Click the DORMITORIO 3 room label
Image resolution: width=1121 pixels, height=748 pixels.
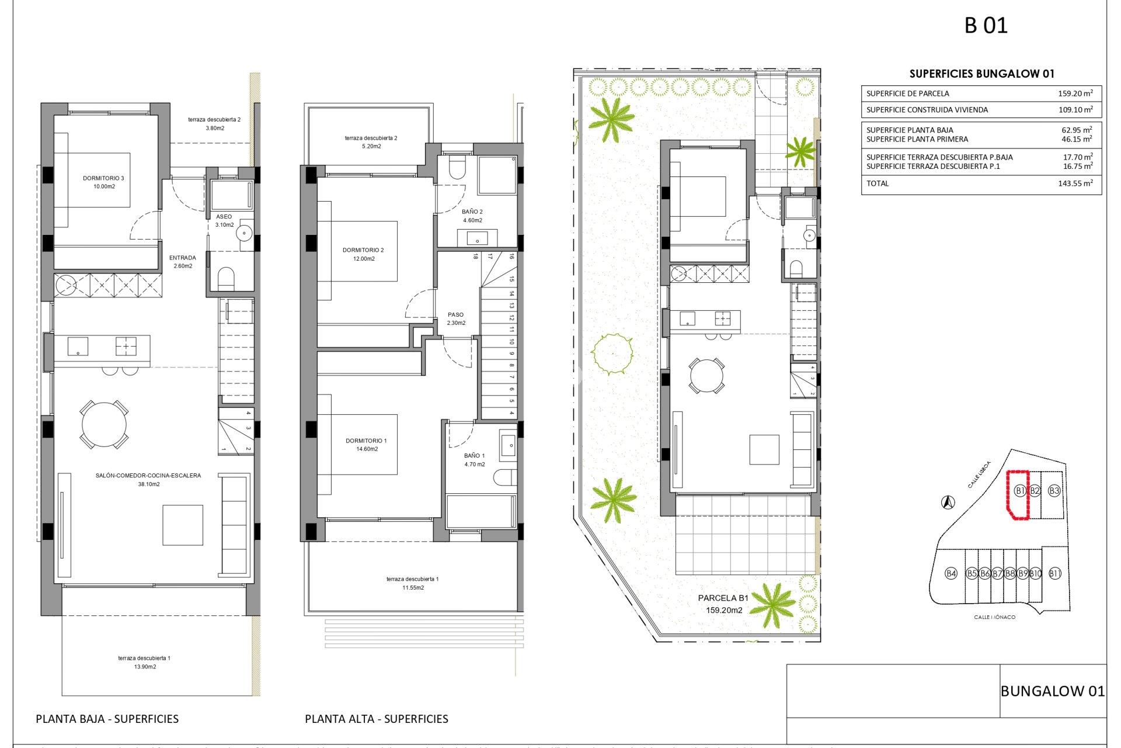[103, 182]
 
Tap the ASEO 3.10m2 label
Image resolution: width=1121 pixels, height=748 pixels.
[224, 220]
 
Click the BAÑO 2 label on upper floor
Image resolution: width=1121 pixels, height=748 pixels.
[472, 216]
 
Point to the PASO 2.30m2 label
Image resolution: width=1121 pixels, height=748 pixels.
[456, 318]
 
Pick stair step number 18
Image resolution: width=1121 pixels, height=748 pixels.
[476, 256]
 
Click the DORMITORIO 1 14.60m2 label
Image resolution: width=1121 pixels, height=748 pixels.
[366, 445]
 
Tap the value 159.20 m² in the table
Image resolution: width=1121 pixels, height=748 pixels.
[1075, 93]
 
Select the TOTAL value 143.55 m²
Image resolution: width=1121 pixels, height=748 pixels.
[1075, 183]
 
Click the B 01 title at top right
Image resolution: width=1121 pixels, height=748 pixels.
[986, 26]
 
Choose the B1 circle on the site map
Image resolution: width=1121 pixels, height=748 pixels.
[1019, 491]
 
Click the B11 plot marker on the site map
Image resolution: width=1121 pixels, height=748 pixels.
[1054, 573]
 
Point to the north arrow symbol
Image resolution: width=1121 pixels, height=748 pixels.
[948, 502]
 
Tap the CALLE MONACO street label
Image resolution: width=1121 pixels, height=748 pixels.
[994, 617]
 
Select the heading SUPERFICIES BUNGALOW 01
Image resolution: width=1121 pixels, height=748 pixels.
[981, 74]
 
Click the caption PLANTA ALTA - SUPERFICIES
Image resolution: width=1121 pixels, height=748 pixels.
[376, 719]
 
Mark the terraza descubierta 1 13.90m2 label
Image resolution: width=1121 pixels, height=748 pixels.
[144, 662]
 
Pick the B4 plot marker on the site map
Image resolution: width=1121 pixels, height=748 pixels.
[951, 573]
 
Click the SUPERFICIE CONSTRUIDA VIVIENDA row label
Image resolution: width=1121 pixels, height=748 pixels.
[927, 110]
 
